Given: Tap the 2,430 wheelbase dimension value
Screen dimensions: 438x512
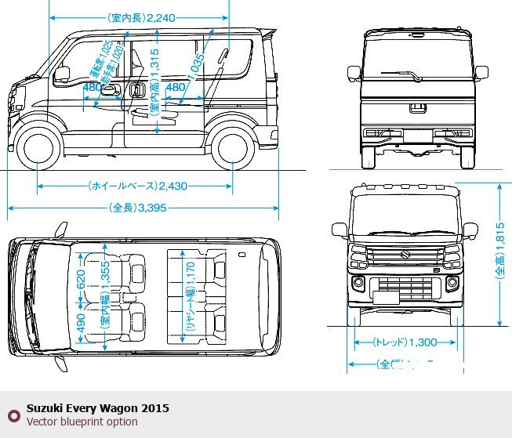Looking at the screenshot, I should point(172,186).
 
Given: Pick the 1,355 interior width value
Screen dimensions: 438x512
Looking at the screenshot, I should point(104,282).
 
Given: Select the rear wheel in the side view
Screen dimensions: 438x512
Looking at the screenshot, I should point(232,149).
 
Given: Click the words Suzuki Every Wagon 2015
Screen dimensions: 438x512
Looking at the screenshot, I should point(97,408).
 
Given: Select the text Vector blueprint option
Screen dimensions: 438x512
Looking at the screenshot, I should point(82,422).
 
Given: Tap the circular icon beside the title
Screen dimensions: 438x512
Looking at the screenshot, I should point(13,415).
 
